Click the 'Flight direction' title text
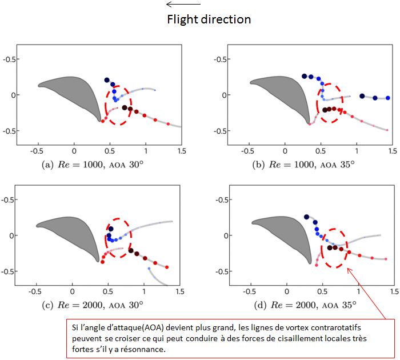click(209, 19)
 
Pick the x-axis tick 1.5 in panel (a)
click(182, 150)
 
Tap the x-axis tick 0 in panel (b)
click(284, 150)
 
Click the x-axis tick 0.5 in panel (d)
click(323, 291)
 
